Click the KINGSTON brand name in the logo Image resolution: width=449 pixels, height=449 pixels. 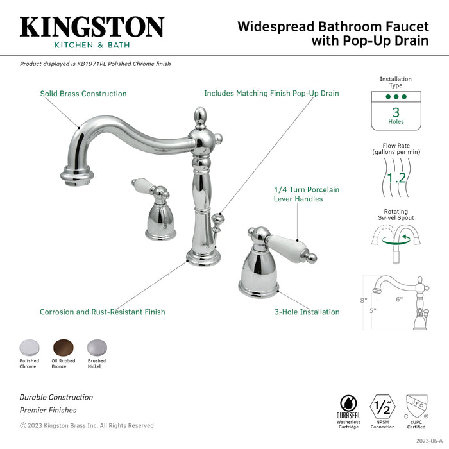point(92,27)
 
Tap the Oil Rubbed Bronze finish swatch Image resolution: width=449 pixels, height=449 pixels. point(63,346)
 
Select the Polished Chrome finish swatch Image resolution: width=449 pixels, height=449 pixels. point(29,346)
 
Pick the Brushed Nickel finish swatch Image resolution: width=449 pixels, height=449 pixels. point(97,346)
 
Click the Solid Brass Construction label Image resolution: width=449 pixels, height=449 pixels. point(83,94)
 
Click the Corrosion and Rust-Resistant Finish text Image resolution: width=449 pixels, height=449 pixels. point(103,312)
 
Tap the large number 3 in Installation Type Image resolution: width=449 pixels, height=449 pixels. point(396,112)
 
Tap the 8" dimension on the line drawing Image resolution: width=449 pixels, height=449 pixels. point(362,300)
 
